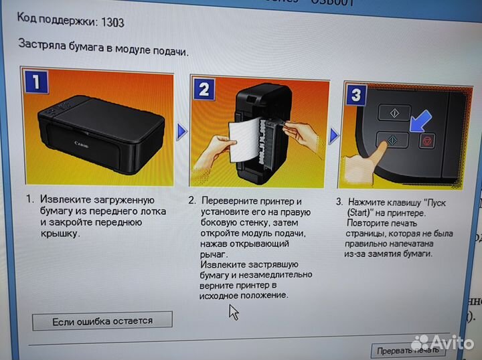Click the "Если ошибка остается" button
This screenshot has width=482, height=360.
102,321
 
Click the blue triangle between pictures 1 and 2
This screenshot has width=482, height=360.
181,132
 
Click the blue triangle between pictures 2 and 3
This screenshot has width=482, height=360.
334,136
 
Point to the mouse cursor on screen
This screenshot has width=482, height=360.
234,311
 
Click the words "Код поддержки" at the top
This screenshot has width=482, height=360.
54,22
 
